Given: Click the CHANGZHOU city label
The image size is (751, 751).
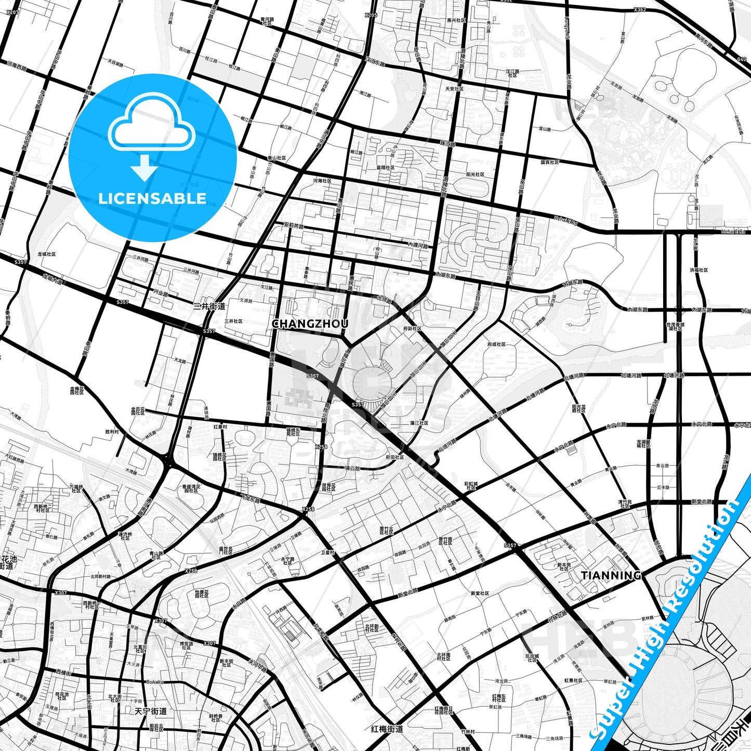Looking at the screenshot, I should click(x=310, y=323).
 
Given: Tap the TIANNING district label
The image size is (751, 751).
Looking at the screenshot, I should click(x=611, y=575).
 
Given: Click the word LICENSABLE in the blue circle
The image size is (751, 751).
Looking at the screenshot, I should click(x=152, y=198).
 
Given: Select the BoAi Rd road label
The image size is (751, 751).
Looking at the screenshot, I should click(x=155, y=682).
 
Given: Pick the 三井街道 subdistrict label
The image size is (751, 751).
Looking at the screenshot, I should click(x=209, y=306).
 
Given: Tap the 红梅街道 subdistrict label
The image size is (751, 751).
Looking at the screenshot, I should click(x=387, y=729).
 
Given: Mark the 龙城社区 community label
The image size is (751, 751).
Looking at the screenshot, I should click(x=47, y=254).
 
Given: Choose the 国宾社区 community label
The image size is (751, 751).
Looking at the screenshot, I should click(x=549, y=162).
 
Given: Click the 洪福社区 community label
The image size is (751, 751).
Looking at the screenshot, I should click(x=699, y=270).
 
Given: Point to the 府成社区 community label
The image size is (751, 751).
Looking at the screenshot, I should click(x=496, y=344).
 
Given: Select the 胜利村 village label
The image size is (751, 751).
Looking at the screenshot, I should click(x=112, y=431).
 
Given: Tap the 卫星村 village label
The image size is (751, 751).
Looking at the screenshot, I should click(x=327, y=552).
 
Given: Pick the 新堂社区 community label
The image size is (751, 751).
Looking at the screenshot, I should click(x=480, y=593).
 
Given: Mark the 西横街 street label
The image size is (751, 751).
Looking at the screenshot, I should click(x=63, y=673).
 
